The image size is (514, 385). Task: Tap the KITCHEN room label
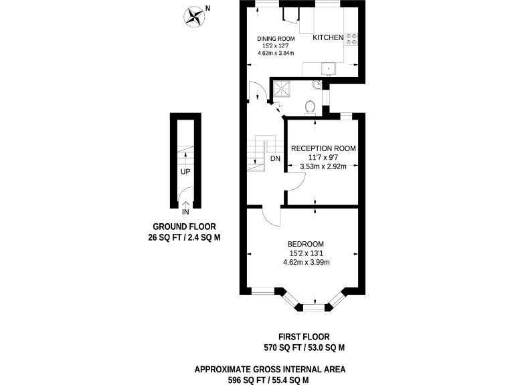[328, 38]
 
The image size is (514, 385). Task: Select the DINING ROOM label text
[276, 39]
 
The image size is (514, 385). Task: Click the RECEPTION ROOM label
[322, 148]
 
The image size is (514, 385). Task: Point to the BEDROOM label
[306, 244]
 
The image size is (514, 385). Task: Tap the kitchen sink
[329, 68]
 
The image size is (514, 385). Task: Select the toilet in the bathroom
[310, 107]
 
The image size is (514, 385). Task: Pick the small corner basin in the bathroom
[317, 85]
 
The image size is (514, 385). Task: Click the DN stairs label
[275, 159]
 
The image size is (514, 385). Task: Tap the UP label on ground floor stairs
[185, 172]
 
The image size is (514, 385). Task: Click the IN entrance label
[185, 213]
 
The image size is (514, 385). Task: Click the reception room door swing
[295, 179]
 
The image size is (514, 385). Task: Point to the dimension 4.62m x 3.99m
[306, 262]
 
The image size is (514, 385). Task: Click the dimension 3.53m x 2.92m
[322, 166]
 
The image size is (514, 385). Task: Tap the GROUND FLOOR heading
[184, 227]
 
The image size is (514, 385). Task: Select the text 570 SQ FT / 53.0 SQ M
[304, 348]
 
